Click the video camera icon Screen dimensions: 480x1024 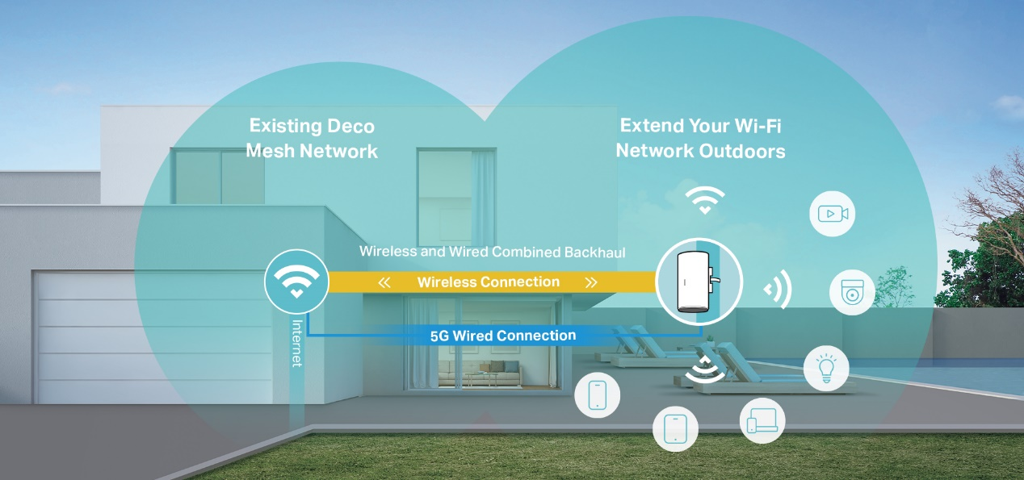coord(832,214)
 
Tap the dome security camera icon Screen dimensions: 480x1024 coord(852,291)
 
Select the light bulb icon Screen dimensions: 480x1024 coord(826,368)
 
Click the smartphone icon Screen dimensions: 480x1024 coord(597,395)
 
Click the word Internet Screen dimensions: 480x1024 coord(296,344)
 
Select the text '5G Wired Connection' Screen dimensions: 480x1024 coord(503,336)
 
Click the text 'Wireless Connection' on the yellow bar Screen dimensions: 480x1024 coord(488,282)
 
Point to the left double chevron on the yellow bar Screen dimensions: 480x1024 coord(384,282)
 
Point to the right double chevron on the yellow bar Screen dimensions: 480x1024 coord(591,282)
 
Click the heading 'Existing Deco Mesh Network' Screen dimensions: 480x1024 coord(312,138)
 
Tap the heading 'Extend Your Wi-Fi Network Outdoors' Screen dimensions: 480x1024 coord(700,138)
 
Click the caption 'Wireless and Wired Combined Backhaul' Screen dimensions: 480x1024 coord(492,252)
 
